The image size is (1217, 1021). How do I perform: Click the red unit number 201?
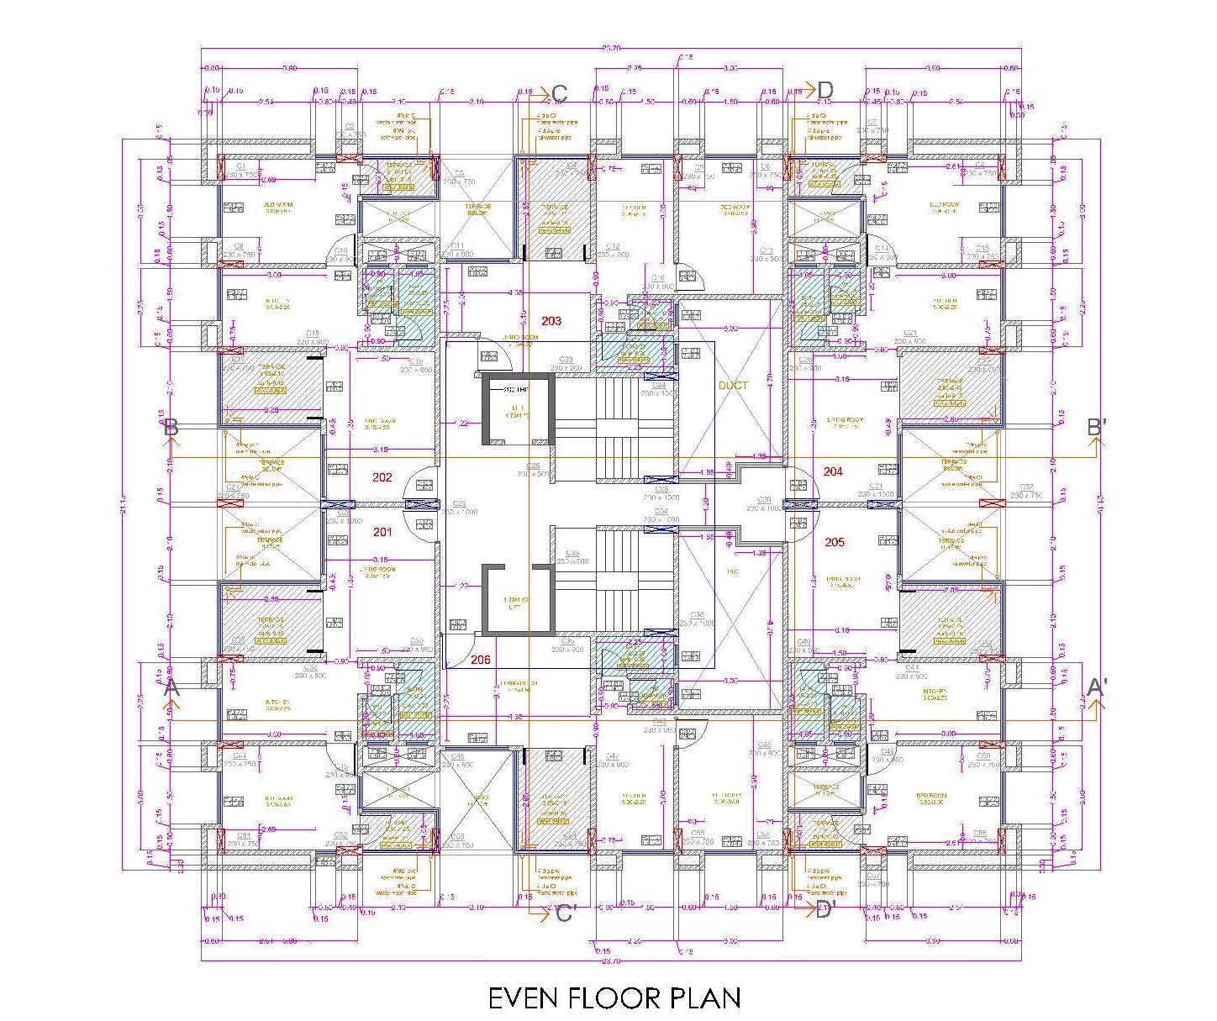coord(382,532)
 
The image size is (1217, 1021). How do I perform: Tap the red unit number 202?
coord(382,477)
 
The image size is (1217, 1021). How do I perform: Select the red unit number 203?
coord(551,321)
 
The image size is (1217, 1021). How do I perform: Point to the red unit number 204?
coord(833,471)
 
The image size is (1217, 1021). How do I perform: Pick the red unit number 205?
coord(835,542)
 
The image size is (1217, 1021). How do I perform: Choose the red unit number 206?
coord(480,660)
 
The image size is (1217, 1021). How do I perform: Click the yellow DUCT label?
coord(733,385)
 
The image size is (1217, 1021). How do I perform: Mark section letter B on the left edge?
coord(171,427)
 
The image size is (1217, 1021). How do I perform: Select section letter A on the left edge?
coord(171,688)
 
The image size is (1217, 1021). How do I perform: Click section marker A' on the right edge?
coord(1097,687)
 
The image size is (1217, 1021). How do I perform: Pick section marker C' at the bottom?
coord(564,913)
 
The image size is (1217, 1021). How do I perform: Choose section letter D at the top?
coord(825,90)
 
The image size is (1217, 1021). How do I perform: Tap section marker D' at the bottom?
coord(825,910)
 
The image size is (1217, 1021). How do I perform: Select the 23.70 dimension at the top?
coord(611,48)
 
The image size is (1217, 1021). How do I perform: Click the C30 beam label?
coord(763,500)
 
